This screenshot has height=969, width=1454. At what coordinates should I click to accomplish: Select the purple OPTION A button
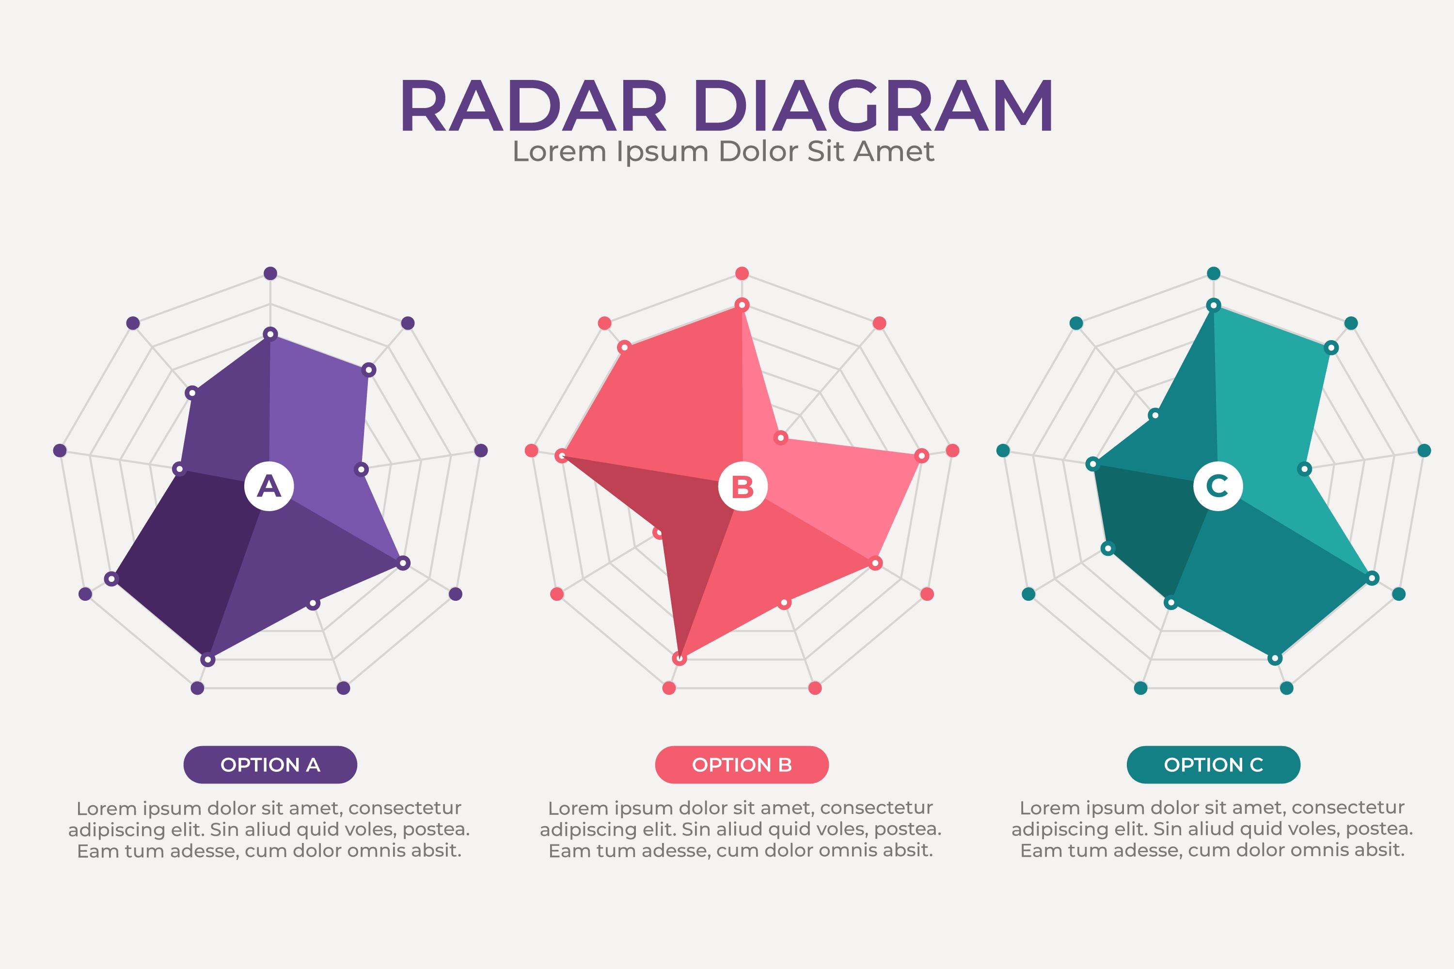270,765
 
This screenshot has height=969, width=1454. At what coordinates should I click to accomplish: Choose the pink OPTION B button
742,765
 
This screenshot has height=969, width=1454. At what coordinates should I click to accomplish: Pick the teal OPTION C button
1214,765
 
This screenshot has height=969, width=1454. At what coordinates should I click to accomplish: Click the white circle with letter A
269,486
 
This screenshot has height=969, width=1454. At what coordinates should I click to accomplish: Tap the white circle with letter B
743,486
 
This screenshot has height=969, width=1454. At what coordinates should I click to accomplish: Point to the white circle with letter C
1218,486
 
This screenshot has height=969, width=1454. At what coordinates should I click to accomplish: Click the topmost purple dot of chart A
270,273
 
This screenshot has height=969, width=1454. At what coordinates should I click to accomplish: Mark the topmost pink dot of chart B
742,273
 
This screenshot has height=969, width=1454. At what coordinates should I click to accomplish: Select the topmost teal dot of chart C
1214,273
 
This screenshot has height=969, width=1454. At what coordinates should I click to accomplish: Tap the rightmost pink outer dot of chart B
953,451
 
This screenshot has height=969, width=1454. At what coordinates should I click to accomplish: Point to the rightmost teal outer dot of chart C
1424,451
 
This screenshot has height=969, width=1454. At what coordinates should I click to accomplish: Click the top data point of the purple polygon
270,334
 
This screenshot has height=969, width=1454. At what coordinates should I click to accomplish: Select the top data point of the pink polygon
742,305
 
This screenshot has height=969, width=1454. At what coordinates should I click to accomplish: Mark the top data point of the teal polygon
1214,305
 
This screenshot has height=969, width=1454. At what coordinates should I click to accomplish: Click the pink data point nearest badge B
781,438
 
